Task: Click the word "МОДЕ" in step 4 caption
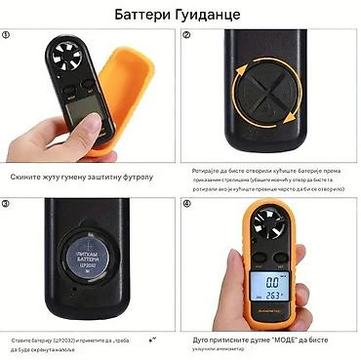coord(290,339)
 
